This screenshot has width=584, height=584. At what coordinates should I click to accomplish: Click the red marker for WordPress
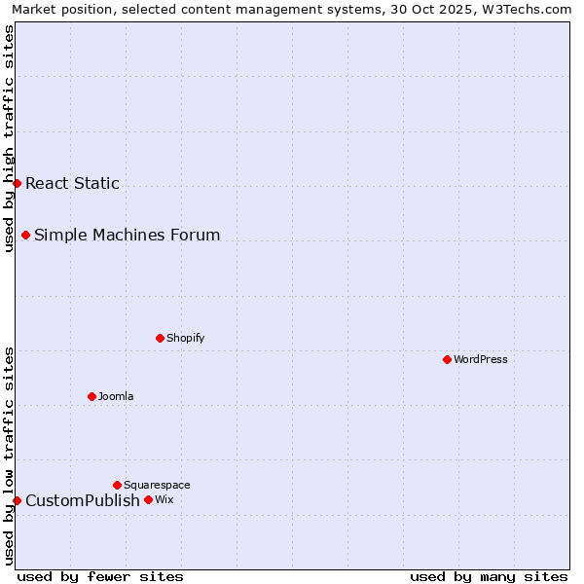(447, 359)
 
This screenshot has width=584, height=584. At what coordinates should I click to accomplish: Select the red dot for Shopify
(160, 338)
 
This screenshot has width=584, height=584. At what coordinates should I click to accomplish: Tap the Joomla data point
(91, 396)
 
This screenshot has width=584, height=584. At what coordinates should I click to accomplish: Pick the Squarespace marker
(117, 485)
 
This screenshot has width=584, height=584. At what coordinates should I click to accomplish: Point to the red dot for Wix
(148, 499)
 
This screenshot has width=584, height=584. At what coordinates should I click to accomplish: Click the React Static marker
(17, 183)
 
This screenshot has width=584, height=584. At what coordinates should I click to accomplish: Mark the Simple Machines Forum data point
(25, 235)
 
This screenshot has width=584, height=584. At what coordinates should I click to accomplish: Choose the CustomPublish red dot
(17, 500)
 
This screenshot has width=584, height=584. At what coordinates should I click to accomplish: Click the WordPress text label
(481, 359)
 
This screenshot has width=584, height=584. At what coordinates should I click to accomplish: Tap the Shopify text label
(185, 338)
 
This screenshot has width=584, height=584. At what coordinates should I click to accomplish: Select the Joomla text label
(116, 396)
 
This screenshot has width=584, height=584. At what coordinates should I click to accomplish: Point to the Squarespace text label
(157, 485)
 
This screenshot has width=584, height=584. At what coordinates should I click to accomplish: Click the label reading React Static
(72, 183)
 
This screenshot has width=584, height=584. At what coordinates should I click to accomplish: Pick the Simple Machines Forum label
(127, 235)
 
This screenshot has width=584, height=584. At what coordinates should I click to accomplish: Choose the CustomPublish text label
(83, 500)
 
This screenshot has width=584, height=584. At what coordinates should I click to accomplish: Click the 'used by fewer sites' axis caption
(100, 576)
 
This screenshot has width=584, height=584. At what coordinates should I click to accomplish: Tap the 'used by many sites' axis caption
(489, 576)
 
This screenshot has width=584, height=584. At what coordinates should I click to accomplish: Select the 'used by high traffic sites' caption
(9, 138)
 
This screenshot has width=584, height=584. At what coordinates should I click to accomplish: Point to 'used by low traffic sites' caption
(9, 456)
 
